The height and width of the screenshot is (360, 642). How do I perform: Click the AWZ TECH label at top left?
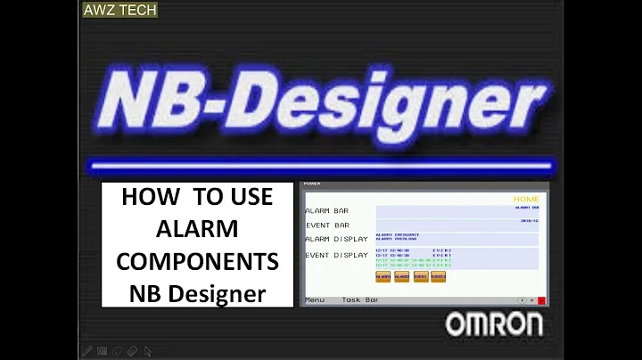[119, 11]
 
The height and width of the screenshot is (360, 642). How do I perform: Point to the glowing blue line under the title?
[321, 165]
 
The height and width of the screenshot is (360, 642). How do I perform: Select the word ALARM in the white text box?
[197, 229]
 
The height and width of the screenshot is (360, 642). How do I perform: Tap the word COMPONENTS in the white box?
[197, 261]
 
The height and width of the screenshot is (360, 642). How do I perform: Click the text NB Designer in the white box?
[197, 291]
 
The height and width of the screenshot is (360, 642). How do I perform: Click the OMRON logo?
[493, 325]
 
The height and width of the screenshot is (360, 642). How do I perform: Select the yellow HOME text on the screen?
[526, 199]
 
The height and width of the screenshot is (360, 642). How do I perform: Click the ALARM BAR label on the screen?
[327, 210]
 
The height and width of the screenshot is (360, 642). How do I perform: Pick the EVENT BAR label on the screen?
[327, 225]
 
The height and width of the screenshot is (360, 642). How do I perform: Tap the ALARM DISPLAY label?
[336, 239]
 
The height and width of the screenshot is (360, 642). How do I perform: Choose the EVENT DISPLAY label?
[336, 255]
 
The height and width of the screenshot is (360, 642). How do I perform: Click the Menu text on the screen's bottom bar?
[315, 300]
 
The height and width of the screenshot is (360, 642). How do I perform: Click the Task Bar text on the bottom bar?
[360, 300]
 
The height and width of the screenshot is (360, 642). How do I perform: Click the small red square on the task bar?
[541, 300]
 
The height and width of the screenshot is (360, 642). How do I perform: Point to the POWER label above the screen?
[312, 184]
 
